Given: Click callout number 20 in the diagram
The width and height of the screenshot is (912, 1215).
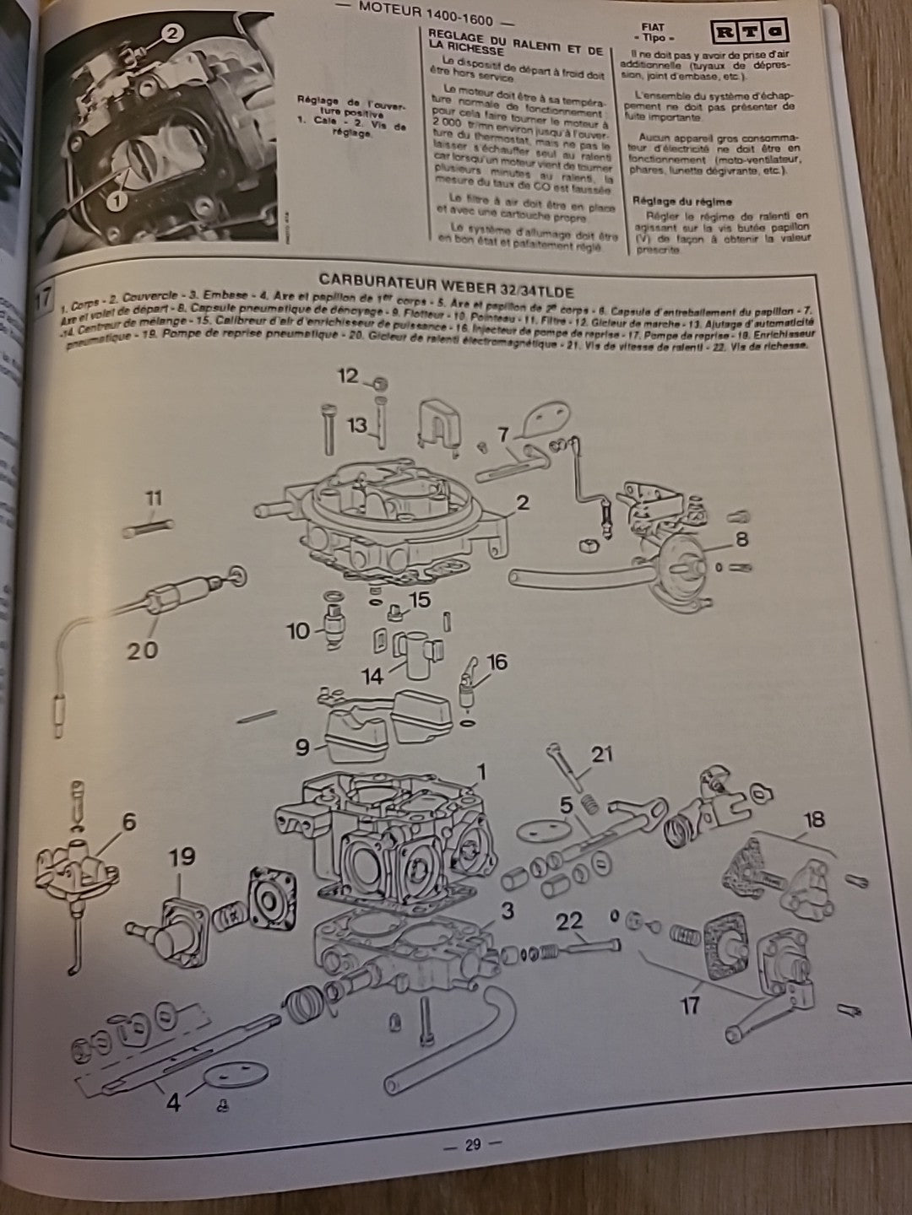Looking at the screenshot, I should (143, 650).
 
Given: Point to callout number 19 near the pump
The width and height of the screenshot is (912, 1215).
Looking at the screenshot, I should (181, 856).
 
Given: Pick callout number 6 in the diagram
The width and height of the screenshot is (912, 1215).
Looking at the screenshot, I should (128, 822).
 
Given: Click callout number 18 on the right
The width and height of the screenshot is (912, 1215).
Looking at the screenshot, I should (814, 819).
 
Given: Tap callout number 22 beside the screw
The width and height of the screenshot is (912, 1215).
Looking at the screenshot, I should (569, 921).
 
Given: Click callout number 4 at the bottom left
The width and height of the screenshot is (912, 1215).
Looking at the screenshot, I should (172, 1102).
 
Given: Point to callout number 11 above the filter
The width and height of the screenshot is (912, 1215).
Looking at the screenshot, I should (153, 499).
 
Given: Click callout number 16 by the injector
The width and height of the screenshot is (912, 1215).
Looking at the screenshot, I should (497, 662).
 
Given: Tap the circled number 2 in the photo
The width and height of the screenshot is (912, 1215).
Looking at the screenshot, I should (171, 34).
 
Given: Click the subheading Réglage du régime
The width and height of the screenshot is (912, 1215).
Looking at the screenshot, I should (681, 202).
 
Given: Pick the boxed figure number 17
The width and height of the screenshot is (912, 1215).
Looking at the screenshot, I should (44, 300).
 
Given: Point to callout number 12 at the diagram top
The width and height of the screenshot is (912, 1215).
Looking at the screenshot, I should (348, 375).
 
